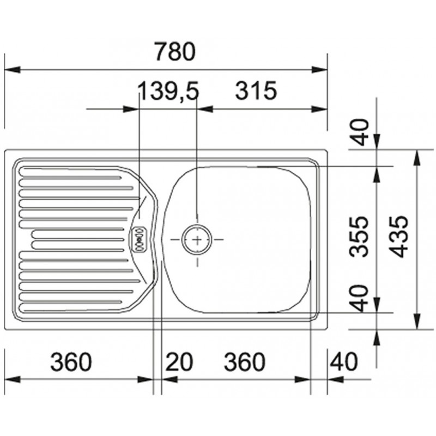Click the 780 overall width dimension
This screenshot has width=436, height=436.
175,51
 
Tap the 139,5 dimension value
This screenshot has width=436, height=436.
169,91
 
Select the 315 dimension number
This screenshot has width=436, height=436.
256,90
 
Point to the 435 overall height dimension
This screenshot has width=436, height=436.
398,237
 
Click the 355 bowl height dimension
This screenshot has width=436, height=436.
359,237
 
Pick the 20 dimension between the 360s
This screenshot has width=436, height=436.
179,362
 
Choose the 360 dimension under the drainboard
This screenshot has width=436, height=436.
71,362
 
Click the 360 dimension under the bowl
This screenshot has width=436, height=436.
245,362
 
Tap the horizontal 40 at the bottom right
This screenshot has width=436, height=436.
343,362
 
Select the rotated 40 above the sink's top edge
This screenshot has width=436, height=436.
359,132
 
